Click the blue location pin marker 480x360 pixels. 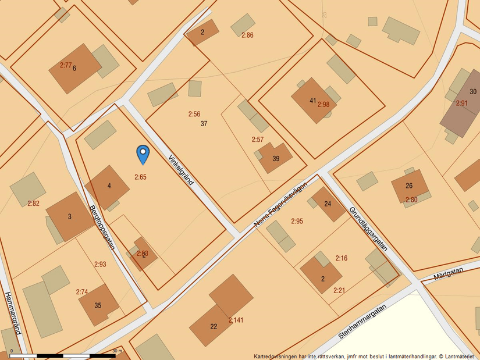tap(143, 154)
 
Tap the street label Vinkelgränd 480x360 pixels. tap(180, 170)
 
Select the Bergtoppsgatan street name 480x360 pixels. tap(102, 227)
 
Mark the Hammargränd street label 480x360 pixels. tap(13, 312)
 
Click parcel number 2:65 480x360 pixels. tap(140, 177)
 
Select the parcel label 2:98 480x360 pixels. tap(323, 105)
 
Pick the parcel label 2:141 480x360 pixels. tap(236, 320)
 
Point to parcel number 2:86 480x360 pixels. tap(247, 35)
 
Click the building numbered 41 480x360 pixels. tap(312, 101)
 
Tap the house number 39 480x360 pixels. tap(276, 159)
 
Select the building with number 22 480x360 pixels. tap(214, 326)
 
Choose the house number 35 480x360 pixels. tap(98, 305)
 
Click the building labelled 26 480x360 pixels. tap(409, 186)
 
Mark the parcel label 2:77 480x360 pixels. tap(66, 65)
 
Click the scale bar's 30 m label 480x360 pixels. tap(117, 351)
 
